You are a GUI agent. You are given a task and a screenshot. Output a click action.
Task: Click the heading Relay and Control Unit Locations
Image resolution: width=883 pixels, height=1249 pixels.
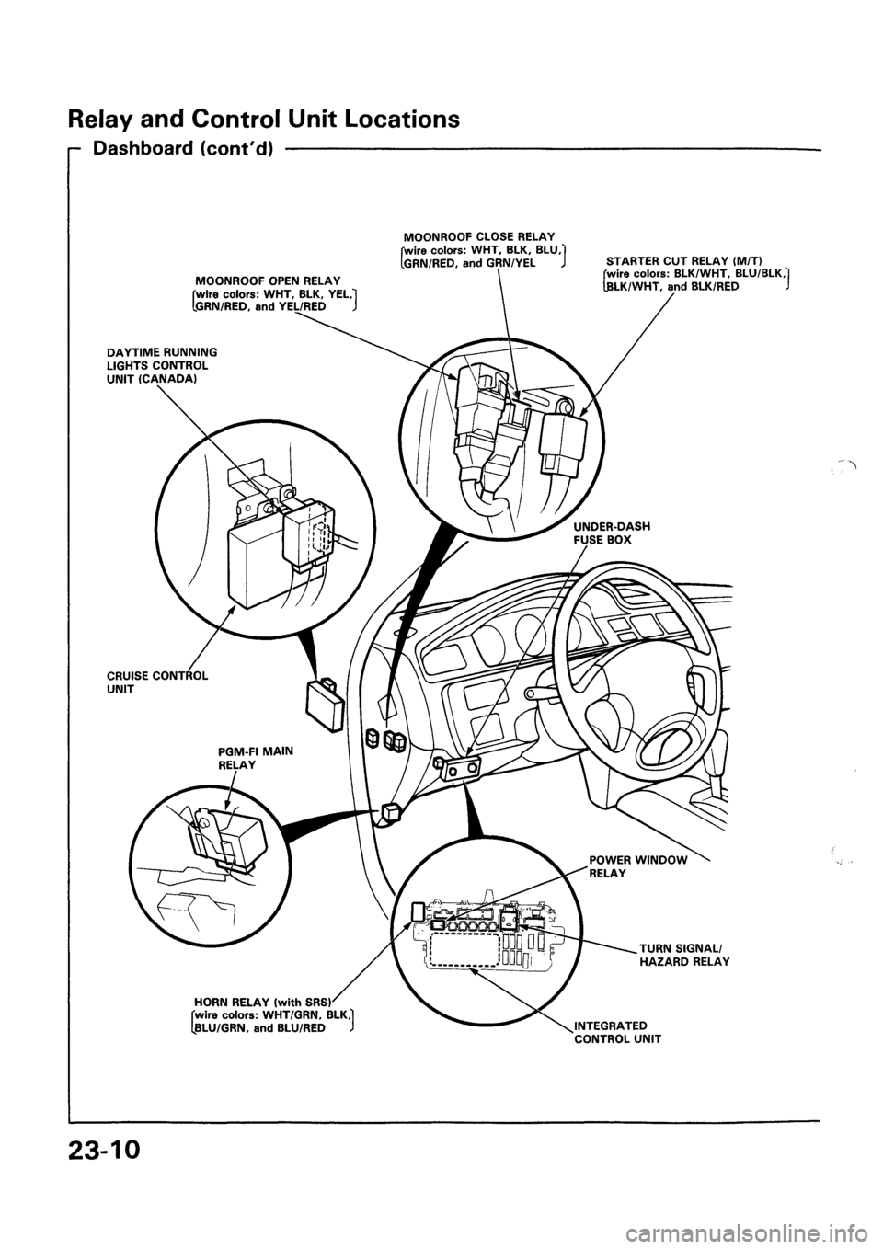pos(263,119)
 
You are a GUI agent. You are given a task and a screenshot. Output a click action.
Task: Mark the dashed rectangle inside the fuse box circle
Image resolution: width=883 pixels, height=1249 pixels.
pos(461,950)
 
